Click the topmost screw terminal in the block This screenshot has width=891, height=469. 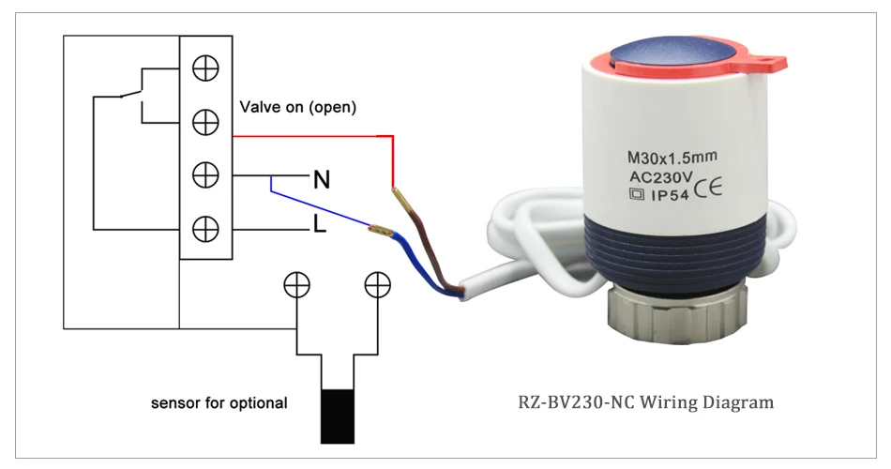click(x=205, y=68)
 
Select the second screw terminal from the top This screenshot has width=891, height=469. click(x=205, y=122)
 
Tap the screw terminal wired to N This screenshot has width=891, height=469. click(x=205, y=175)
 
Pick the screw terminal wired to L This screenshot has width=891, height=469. click(x=205, y=229)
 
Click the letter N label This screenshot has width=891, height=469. click(x=322, y=180)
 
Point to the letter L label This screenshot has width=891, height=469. click(x=320, y=224)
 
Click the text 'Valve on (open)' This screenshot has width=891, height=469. click(x=297, y=108)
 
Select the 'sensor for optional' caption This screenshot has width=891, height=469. click(x=219, y=403)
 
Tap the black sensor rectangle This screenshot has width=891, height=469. click(x=338, y=416)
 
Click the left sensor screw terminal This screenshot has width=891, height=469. click(x=296, y=285)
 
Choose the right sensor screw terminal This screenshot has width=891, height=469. click(x=377, y=285)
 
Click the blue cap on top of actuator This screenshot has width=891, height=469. click(x=674, y=53)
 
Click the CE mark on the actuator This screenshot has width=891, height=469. click(x=708, y=189)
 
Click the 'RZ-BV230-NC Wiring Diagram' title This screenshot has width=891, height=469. click(x=645, y=402)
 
